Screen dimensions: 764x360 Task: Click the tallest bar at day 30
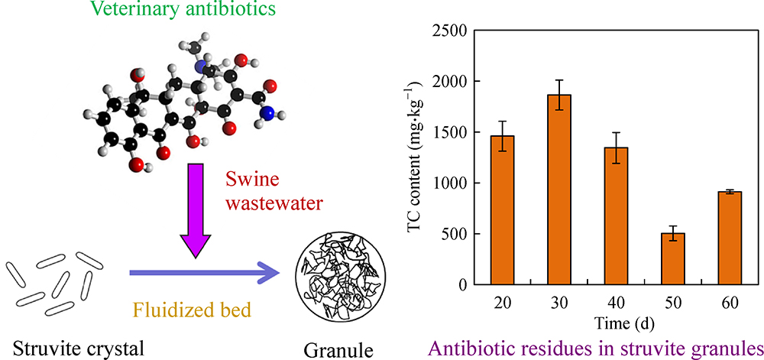click(x=559, y=190)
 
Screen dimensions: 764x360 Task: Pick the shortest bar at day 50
click(x=673, y=258)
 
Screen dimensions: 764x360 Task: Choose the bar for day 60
click(x=730, y=238)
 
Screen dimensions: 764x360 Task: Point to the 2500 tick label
click(x=449, y=31)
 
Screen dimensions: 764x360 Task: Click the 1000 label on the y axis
click(x=449, y=183)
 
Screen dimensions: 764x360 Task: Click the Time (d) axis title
click(x=616, y=323)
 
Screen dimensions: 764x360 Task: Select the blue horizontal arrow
click(x=206, y=274)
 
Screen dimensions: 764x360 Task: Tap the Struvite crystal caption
click(x=78, y=349)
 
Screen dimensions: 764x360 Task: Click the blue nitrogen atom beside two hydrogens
click(x=266, y=114)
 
